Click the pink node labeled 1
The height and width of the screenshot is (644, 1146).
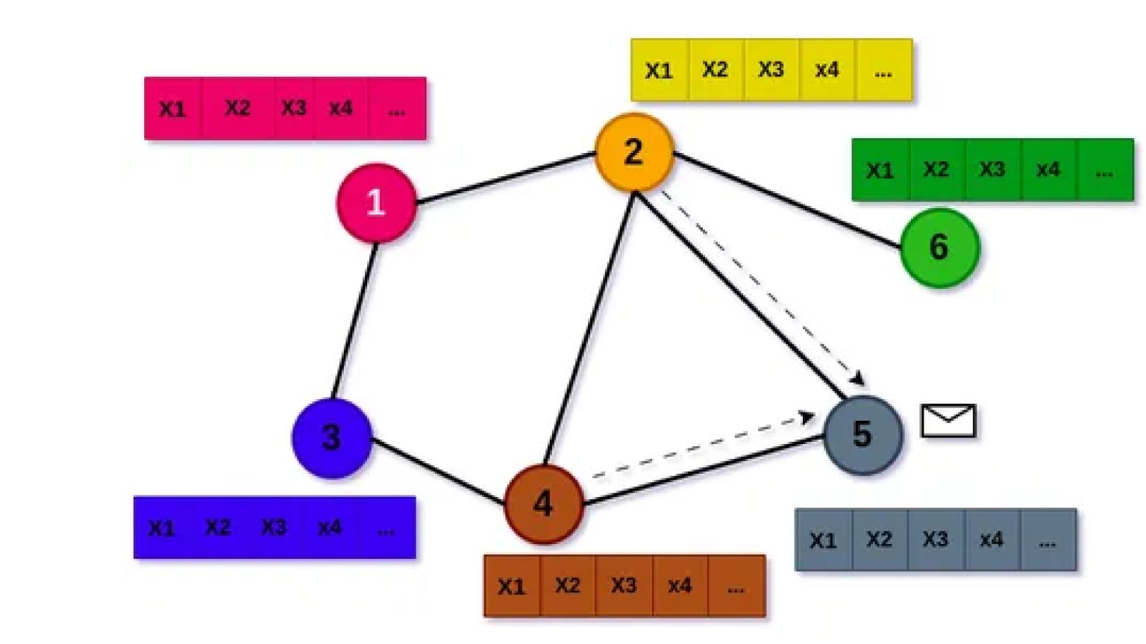[376, 203]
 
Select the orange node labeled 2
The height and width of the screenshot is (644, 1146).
[634, 152]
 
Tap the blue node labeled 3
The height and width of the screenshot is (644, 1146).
[332, 438]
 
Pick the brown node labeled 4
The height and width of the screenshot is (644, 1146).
[543, 504]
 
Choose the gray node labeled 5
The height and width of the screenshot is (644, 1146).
[863, 434]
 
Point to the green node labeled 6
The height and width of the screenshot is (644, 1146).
[939, 247]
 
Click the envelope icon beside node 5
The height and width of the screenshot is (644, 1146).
[948, 421]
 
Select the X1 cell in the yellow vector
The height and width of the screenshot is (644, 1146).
[659, 70]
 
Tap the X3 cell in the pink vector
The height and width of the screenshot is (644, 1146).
[293, 108]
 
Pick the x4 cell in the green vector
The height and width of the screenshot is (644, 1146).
[1048, 169]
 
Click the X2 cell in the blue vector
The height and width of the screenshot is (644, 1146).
[218, 528]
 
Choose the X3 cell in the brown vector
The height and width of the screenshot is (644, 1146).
[624, 586]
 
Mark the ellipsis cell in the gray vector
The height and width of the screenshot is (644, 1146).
[1048, 540]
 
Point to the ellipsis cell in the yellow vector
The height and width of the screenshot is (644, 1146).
[883, 70]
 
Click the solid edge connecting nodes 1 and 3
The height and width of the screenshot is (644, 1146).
[354, 320]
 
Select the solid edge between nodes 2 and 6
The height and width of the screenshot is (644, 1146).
[787, 200]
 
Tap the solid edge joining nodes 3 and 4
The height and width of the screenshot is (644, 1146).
[438, 471]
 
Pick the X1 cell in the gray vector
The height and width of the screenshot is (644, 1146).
[823, 540]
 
